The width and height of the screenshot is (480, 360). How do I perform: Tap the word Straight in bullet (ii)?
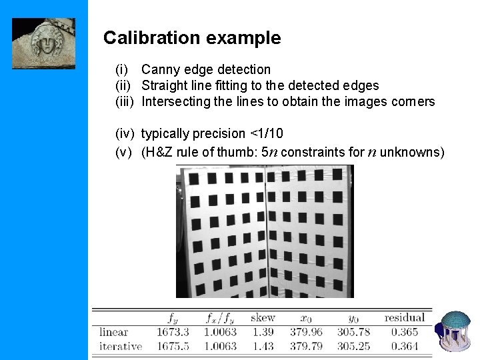pyautogui.click(x=165, y=85)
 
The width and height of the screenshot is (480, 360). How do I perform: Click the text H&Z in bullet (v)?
pyautogui.click(x=160, y=152)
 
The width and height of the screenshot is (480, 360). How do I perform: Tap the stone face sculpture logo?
pyautogui.click(x=44, y=43)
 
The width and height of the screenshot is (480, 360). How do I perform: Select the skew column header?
pyautogui.click(x=263, y=318)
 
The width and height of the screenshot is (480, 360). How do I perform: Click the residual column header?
pyautogui.click(x=404, y=318)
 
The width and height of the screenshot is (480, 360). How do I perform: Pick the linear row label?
pyautogui.click(x=113, y=332)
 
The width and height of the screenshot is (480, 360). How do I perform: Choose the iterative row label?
pyautogui.click(x=121, y=346)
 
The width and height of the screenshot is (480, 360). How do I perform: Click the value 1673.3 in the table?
pyautogui.click(x=173, y=332)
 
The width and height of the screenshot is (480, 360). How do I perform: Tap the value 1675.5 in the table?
pyautogui.click(x=173, y=346)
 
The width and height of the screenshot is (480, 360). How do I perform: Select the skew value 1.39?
pyautogui.click(x=265, y=332)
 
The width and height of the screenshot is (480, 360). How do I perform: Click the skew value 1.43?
pyautogui.click(x=265, y=346)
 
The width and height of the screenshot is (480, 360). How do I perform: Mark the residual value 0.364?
pyautogui.click(x=404, y=346)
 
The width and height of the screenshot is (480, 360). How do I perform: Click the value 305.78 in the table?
pyautogui.click(x=353, y=332)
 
